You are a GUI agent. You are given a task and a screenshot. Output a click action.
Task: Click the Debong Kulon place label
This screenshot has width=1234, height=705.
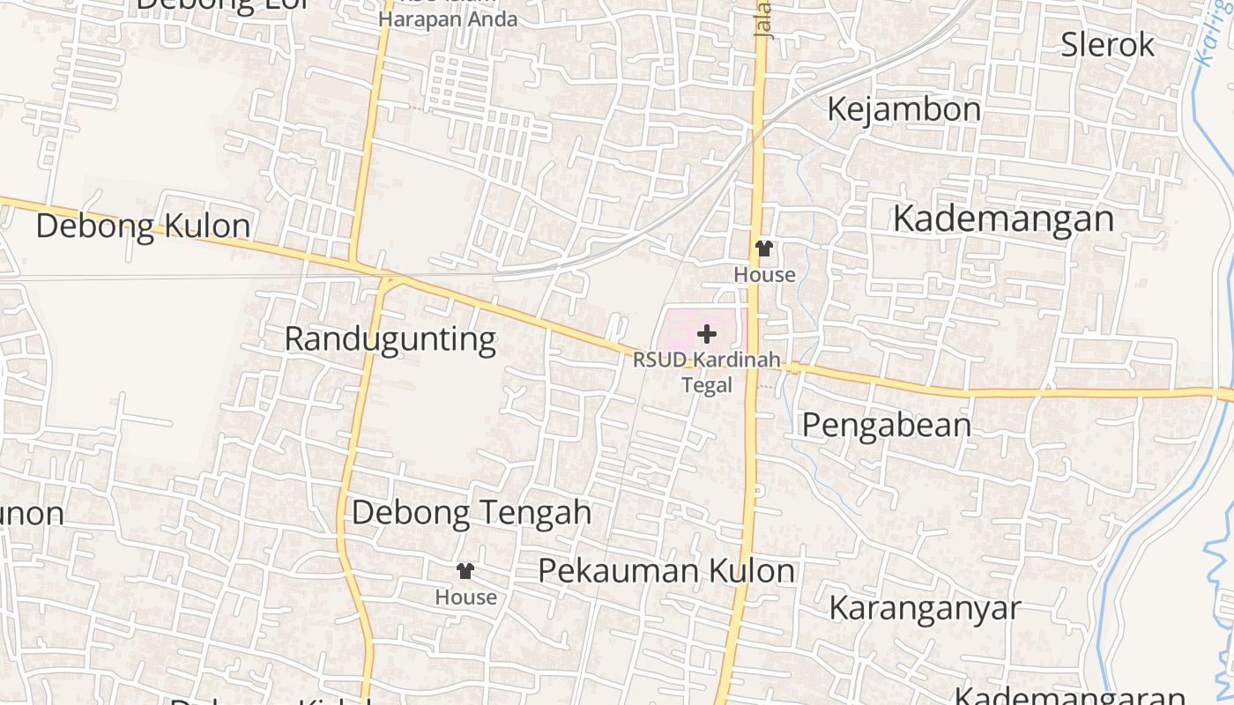(143, 226)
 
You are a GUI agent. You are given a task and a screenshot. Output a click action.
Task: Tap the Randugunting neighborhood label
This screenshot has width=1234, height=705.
(390, 339)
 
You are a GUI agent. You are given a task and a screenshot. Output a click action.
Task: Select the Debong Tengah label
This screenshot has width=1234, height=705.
(472, 513)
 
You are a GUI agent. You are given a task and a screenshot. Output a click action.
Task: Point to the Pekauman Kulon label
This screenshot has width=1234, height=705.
(666, 571)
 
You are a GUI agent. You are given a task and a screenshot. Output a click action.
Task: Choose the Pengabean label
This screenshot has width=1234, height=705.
(886, 426)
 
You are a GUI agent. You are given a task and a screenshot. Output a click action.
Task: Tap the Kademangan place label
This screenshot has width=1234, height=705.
(1003, 219)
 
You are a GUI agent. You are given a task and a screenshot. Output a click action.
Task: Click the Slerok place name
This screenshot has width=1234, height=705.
(1107, 44)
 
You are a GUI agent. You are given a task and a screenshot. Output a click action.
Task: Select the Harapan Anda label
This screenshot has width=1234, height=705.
(448, 19)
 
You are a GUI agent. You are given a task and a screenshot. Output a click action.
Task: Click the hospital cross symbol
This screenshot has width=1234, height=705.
(707, 334)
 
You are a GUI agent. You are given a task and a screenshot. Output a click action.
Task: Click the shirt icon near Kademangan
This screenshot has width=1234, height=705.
(764, 249)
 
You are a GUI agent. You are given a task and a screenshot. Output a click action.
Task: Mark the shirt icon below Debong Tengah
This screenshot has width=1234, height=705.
(465, 571)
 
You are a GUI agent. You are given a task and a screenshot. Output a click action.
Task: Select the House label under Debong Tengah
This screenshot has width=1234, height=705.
(465, 597)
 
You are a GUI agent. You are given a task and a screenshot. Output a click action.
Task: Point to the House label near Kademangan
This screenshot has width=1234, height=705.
(764, 275)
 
